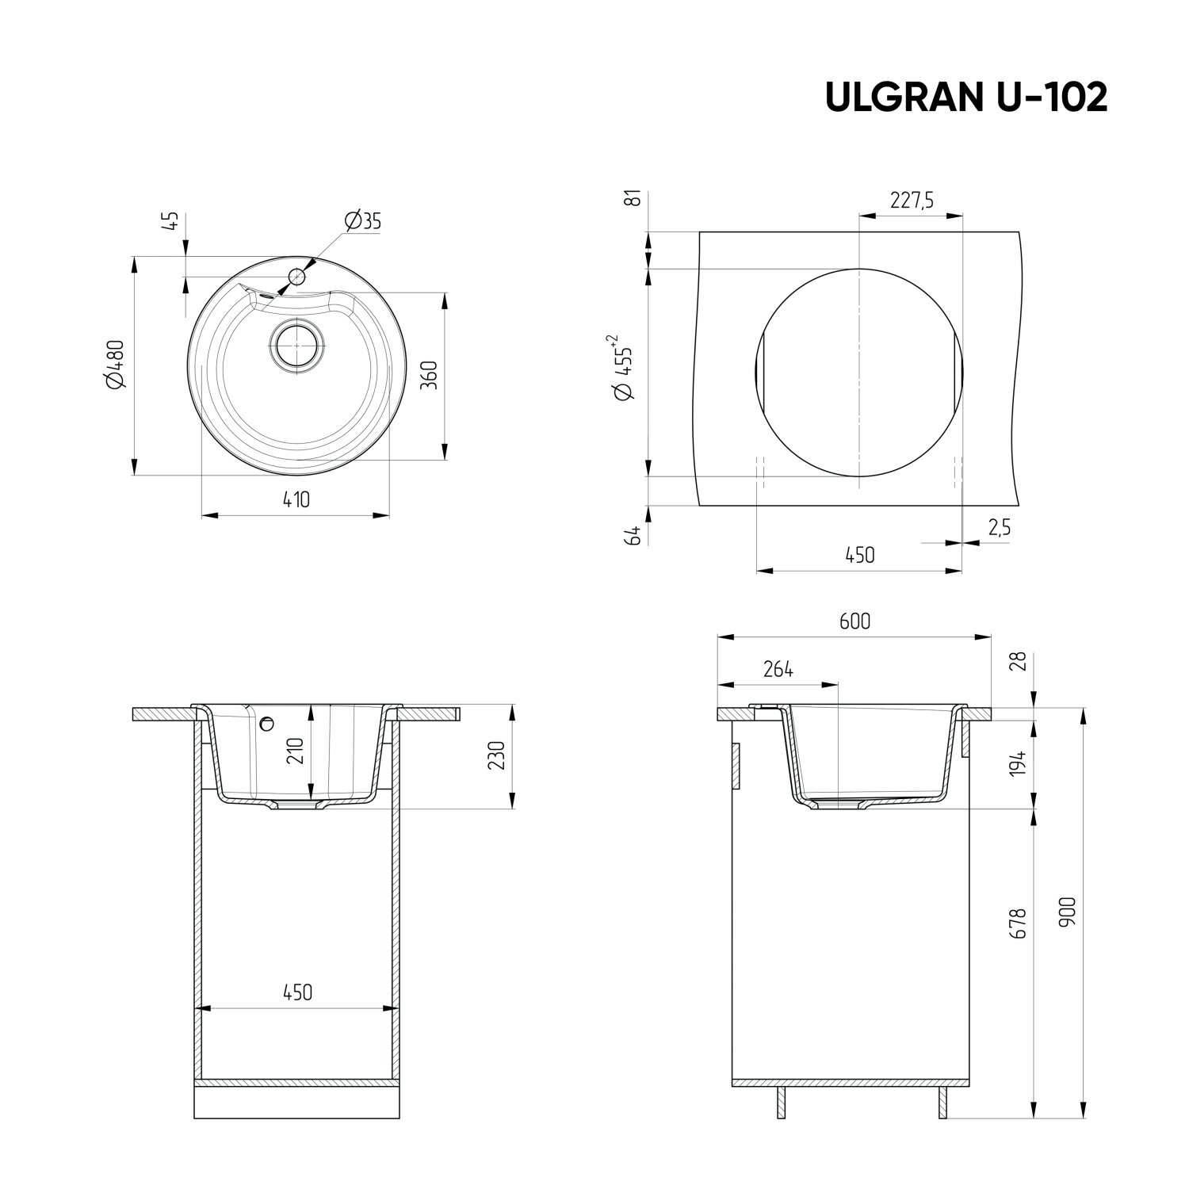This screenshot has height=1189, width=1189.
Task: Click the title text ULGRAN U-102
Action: [965, 97]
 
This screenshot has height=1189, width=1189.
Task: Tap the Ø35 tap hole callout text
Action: [363, 221]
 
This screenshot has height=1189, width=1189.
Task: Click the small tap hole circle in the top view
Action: [297, 277]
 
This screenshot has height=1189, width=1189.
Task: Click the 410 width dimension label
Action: [296, 499]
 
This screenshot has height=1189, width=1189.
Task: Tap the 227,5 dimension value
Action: [912, 201]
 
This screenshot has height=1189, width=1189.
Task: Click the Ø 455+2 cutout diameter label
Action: [623, 368]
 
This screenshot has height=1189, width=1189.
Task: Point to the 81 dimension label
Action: [633, 199]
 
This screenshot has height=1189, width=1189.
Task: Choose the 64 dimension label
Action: [633, 535]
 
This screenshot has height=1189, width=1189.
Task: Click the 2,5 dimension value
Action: [999, 528]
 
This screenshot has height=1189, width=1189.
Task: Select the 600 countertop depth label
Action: [854, 621]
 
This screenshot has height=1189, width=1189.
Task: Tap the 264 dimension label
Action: [778, 669]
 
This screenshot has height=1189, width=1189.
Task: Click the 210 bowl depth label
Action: [295, 750]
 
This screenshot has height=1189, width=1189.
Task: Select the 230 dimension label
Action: [498, 755]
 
